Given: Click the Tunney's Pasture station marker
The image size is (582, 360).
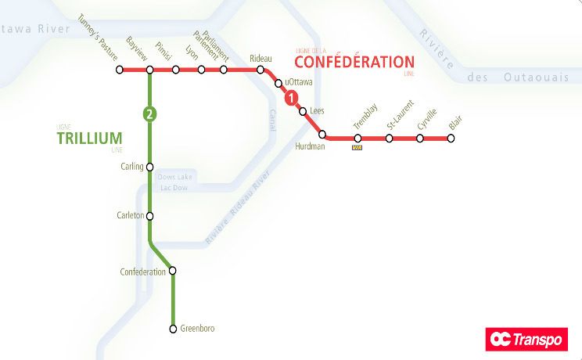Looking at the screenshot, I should [x=120, y=70].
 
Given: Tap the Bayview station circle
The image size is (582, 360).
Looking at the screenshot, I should [x=149, y=70].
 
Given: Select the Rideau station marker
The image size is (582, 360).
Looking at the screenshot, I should [x=261, y=70].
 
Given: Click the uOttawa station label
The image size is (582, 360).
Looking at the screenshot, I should [x=299, y=81].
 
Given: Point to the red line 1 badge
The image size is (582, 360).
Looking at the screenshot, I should [x=291, y=99].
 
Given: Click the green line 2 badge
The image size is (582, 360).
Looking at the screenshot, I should [x=149, y=114].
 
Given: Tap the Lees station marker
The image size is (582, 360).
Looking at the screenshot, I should [x=303, y=111].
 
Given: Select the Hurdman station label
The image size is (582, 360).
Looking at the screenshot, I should [x=310, y=146].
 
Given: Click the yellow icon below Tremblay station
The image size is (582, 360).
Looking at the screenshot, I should [x=357, y=146].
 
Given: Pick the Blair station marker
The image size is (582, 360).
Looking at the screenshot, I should [x=451, y=139].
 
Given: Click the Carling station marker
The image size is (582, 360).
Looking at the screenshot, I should [x=149, y=167].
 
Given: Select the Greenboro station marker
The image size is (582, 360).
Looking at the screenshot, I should [x=173, y=329].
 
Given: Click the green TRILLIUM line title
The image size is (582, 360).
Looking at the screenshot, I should [x=90, y=139].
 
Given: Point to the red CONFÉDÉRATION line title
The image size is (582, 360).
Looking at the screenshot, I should [x=354, y=62].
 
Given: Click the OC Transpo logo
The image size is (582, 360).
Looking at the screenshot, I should [x=526, y=339].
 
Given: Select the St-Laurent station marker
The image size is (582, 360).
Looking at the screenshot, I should [x=389, y=139].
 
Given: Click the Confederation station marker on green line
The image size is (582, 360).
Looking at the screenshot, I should [x=173, y=272].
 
